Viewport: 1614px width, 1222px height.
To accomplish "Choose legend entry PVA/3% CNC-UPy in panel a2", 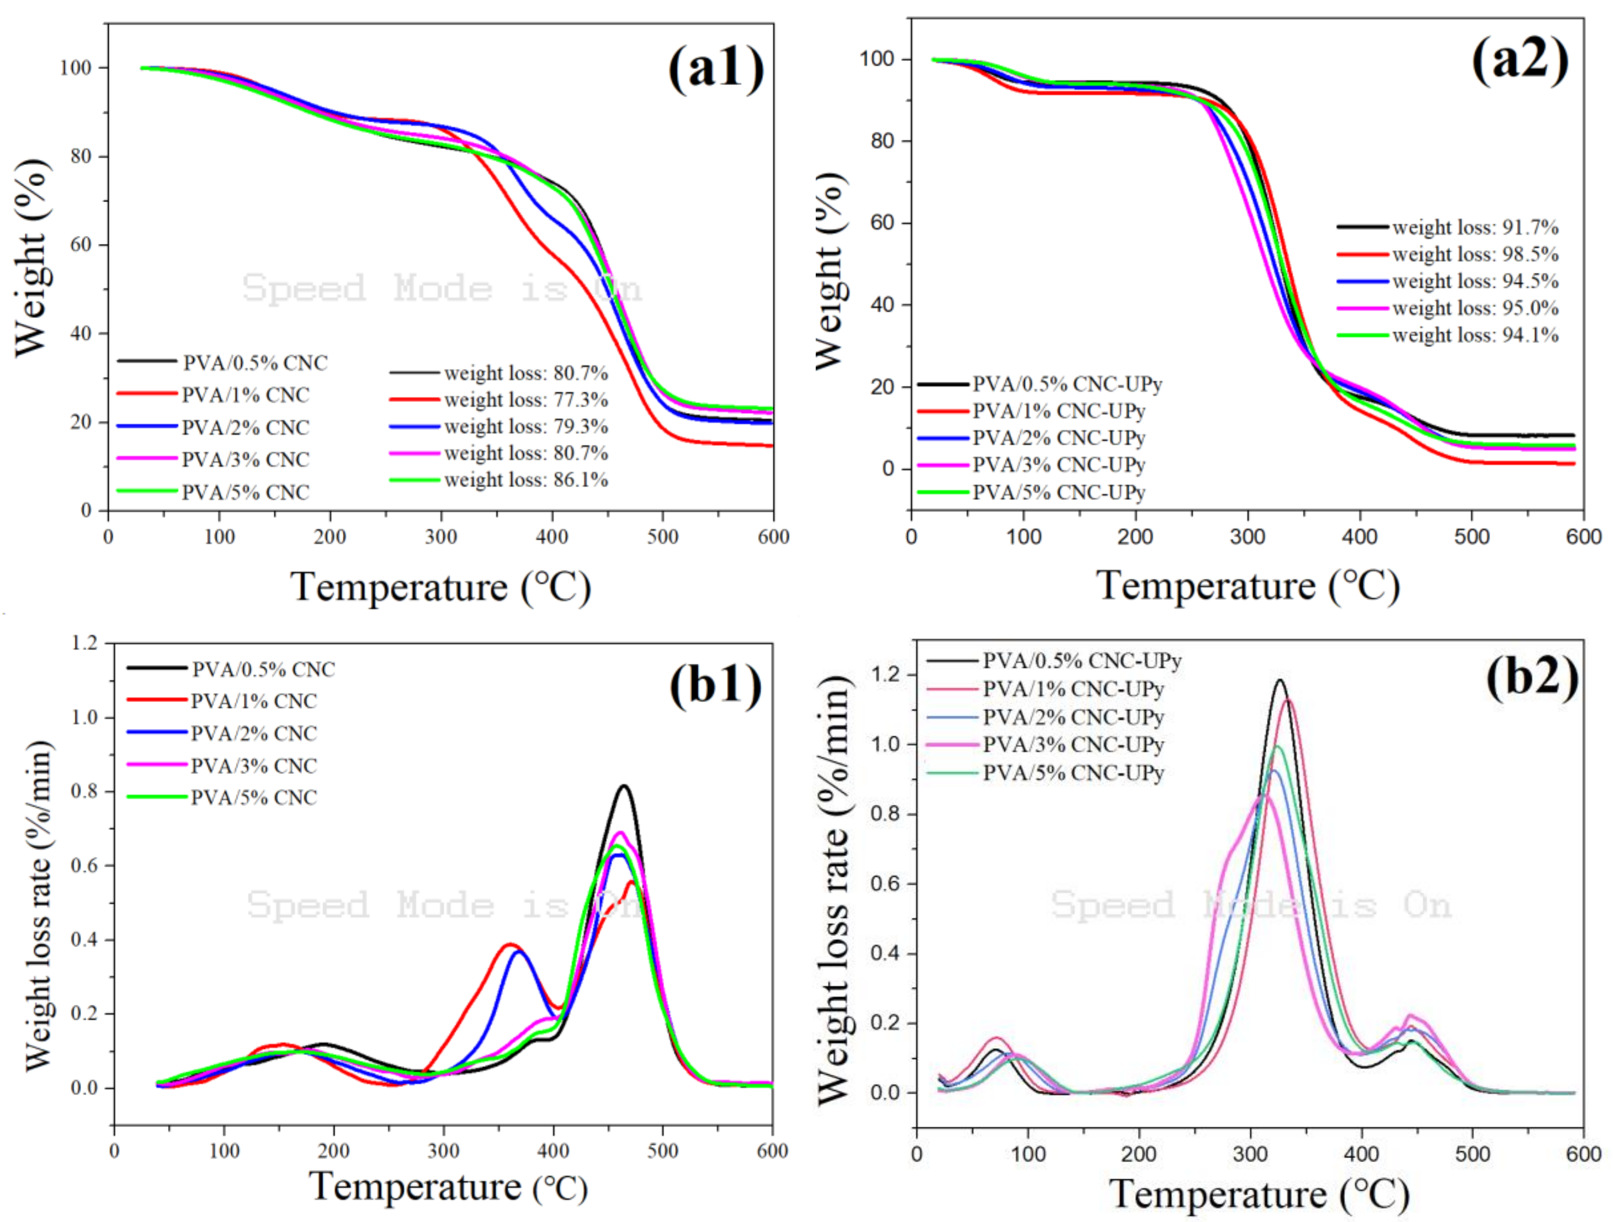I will (x=1058, y=465).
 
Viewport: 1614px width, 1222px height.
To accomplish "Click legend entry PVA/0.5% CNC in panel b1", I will (x=262, y=669).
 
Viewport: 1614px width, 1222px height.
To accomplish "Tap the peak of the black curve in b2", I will (x=1280, y=681).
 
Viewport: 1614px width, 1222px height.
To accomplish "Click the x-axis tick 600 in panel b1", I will (x=772, y=1151).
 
